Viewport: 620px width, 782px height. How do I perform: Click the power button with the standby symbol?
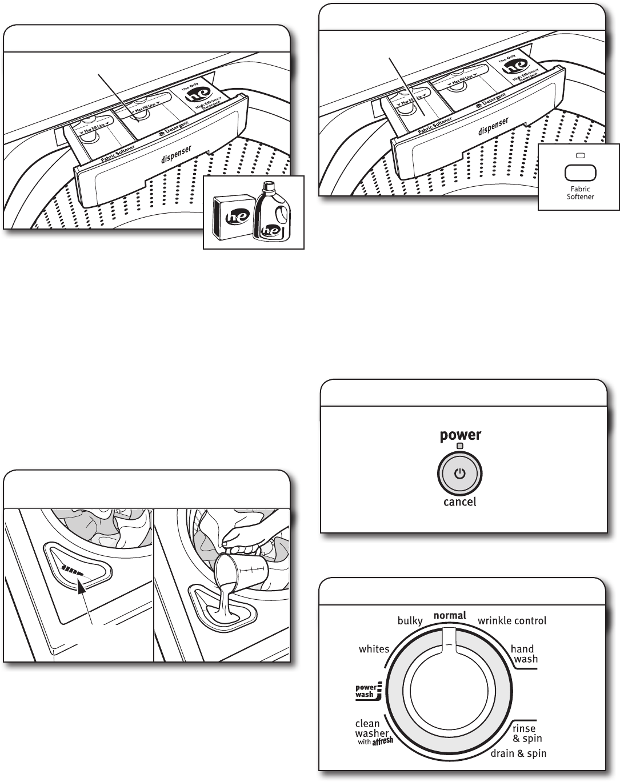click(x=460, y=474)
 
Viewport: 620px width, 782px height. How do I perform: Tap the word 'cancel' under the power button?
click(x=460, y=503)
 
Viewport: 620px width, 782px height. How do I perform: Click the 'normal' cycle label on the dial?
click(x=450, y=616)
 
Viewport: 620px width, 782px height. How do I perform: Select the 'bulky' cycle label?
click(x=410, y=621)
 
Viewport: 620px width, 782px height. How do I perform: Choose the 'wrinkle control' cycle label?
click(x=512, y=621)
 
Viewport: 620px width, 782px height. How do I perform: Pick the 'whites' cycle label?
click(x=374, y=649)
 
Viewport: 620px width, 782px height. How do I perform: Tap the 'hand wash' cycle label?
click(x=523, y=654)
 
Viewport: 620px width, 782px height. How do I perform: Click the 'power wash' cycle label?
click(x=366, y=691)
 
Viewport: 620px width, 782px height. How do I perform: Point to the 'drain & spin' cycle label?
click(x=518, y=754)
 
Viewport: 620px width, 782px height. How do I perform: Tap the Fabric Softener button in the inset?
click(x=580, y=173)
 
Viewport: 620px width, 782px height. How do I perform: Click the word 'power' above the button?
click(x=460, y=436)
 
